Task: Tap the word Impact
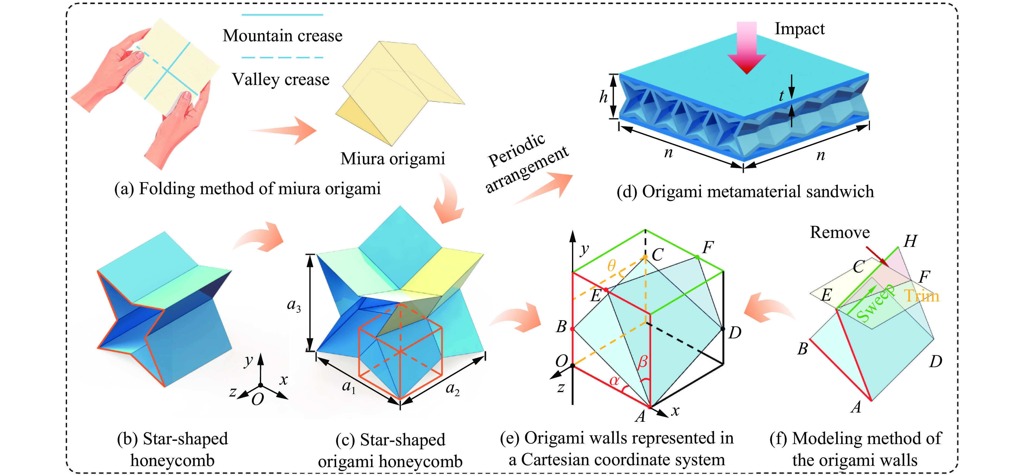point(799,29)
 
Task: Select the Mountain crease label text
point(282,36)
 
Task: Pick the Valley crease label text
point(281,79)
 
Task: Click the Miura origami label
point(392,159)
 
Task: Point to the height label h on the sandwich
point(603,96)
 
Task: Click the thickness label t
point(781,96)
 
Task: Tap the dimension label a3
point(293,305)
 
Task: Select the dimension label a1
point(349,386)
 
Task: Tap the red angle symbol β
point(642,362)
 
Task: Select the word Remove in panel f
point(840,232)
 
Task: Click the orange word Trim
point(921,296)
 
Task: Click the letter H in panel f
point(910,241)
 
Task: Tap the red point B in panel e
point(572,329)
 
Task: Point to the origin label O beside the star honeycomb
point(258,399)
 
